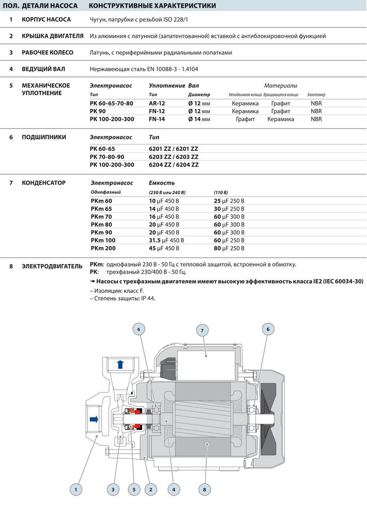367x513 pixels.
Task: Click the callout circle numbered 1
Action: pos(76,488)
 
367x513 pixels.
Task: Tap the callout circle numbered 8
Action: pos(205,488)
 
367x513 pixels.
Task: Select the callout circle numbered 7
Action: pos(202,330)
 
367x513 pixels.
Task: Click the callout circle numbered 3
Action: pos(113,488)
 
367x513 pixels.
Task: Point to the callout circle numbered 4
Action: pos(173,488)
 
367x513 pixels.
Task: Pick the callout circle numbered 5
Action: pos(133,488)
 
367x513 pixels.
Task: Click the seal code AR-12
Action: pos(157,103)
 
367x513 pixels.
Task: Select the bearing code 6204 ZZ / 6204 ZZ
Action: pos(173,164)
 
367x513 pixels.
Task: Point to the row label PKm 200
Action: pos(103,248)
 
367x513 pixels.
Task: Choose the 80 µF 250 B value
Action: pos(229,248)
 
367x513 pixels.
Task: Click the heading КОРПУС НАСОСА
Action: pos(46,20)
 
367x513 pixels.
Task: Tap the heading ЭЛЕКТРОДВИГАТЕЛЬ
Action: pos(52,266)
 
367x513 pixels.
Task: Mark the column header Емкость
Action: pos(162,183)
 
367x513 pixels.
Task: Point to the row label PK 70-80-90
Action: pos(107,157)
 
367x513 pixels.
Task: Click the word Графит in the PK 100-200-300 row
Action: pos(245,119)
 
